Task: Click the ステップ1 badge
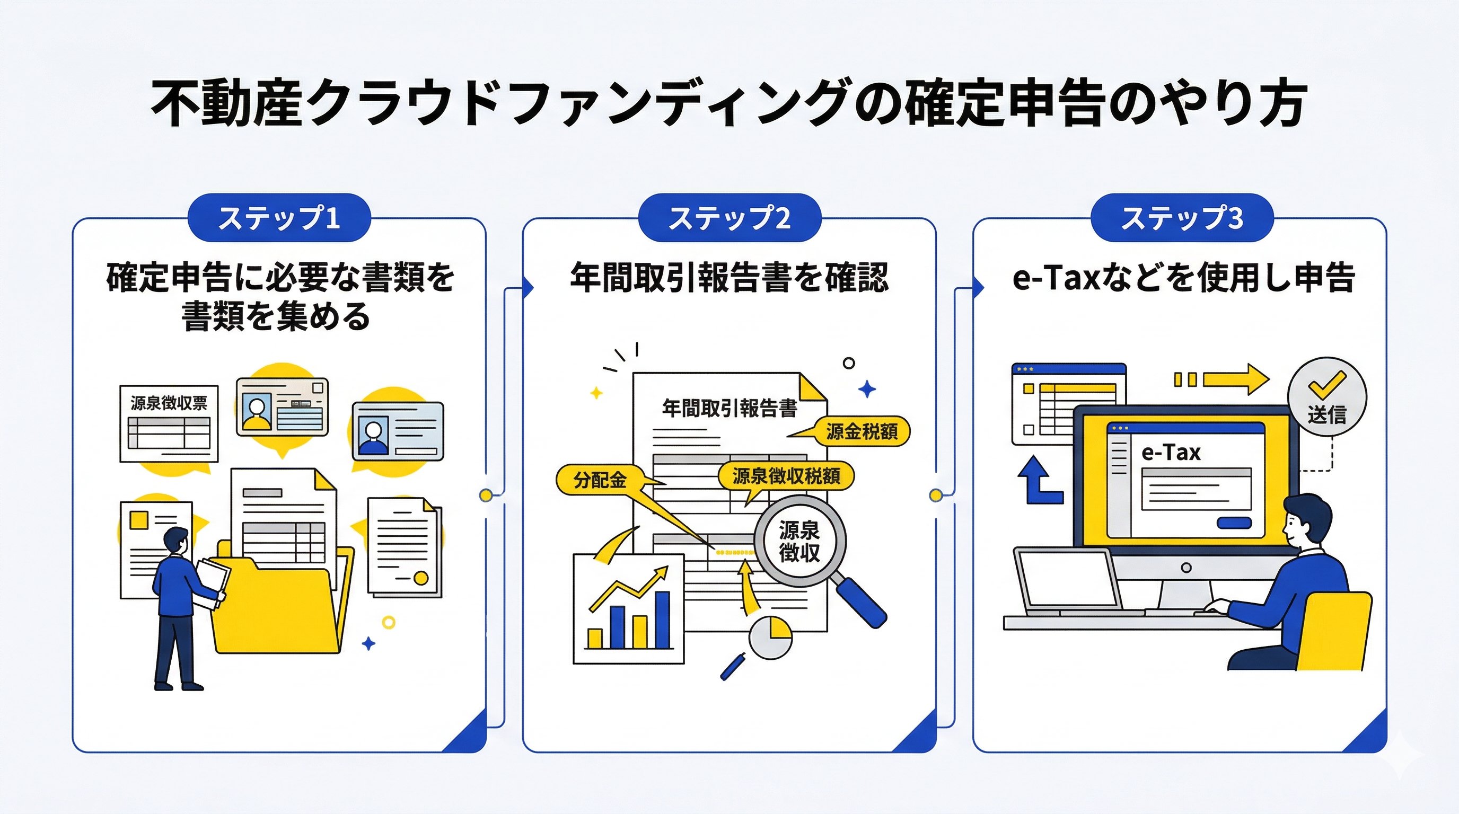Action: click(x=279, y=218)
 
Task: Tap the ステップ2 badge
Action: click(x=729, y=218)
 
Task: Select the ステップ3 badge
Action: click(x=1182, y=218)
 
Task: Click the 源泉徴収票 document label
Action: click(x=169, y=403)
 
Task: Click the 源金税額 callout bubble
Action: click(x=861, y=432)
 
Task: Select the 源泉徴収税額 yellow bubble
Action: click(x=786, y=476)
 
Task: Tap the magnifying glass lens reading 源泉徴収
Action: click(x=799, y=541)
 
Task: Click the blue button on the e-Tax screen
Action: click(x=1234, y=523)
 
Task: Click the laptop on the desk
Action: click(x=1068, y=583)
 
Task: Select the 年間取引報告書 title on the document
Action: click(x=729, y=408)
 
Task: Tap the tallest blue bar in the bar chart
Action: click(x=662, y=620)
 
